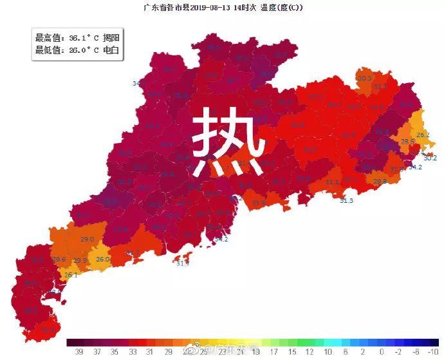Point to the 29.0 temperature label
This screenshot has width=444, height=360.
[88, 239]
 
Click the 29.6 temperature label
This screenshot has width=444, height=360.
[59, 260]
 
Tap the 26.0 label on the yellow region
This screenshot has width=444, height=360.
[103, 260]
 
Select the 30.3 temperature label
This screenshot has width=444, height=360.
[364, 78]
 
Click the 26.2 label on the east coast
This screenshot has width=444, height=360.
[423, 135]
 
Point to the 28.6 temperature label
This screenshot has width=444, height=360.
[407, 142]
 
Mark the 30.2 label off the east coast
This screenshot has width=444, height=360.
[430, 158]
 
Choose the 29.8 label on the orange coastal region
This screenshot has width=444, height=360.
[380, 182]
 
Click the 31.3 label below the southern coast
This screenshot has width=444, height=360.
[346, 201]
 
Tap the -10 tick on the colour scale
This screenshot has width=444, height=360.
[434, 352]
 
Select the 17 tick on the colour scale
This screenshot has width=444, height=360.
[274, 352]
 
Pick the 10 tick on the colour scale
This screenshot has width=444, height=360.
[328, 352]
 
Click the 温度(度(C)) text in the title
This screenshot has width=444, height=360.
[278, 8]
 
